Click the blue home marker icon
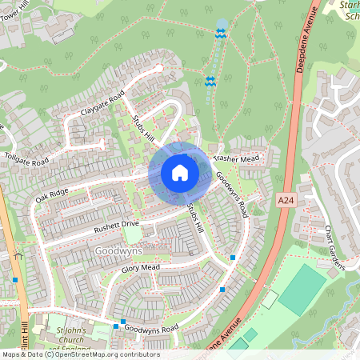[x=180, y=173]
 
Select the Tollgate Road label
[x=26, y=157]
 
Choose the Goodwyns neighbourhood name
[x=118, y=250]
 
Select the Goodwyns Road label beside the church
[x=150, y=330]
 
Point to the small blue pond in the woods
[x=222, y=25]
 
